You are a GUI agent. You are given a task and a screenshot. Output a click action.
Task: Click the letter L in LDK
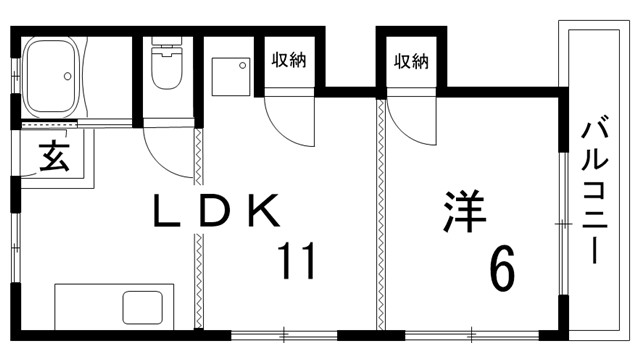pos(161,212)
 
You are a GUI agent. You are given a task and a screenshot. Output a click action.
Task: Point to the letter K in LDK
pos(259,212)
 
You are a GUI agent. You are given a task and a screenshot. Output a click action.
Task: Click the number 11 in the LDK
pos(297,261)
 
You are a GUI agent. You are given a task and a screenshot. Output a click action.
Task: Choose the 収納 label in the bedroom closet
pos(410,60)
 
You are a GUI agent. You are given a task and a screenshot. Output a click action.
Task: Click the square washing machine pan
pos(232,76)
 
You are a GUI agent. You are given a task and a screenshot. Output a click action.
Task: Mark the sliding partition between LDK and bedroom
pos(380,215)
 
